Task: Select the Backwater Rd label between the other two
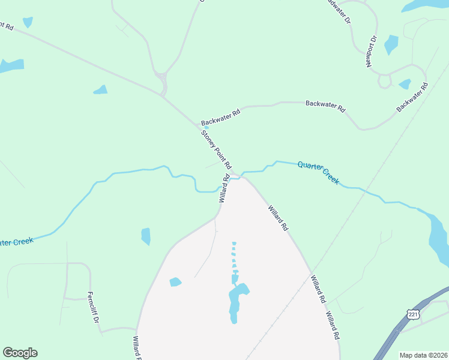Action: click(x=325, y=107)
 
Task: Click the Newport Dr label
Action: click(x=370, y=51)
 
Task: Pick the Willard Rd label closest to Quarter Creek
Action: click(x=224, y=188)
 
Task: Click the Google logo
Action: click(x=20, y=353)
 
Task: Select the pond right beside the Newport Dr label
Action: click(x=391, y=44)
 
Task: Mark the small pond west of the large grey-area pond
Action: click(x=175, y=281)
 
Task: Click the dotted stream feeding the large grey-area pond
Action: click(x=234, y=258)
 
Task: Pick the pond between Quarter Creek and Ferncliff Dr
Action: click(x=145, y=236)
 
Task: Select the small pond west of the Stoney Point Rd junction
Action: click(x=100, y=90)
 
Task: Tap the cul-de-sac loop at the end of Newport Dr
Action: click(x=384, y=80)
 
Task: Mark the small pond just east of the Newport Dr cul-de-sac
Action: click(x=405, y=84)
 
